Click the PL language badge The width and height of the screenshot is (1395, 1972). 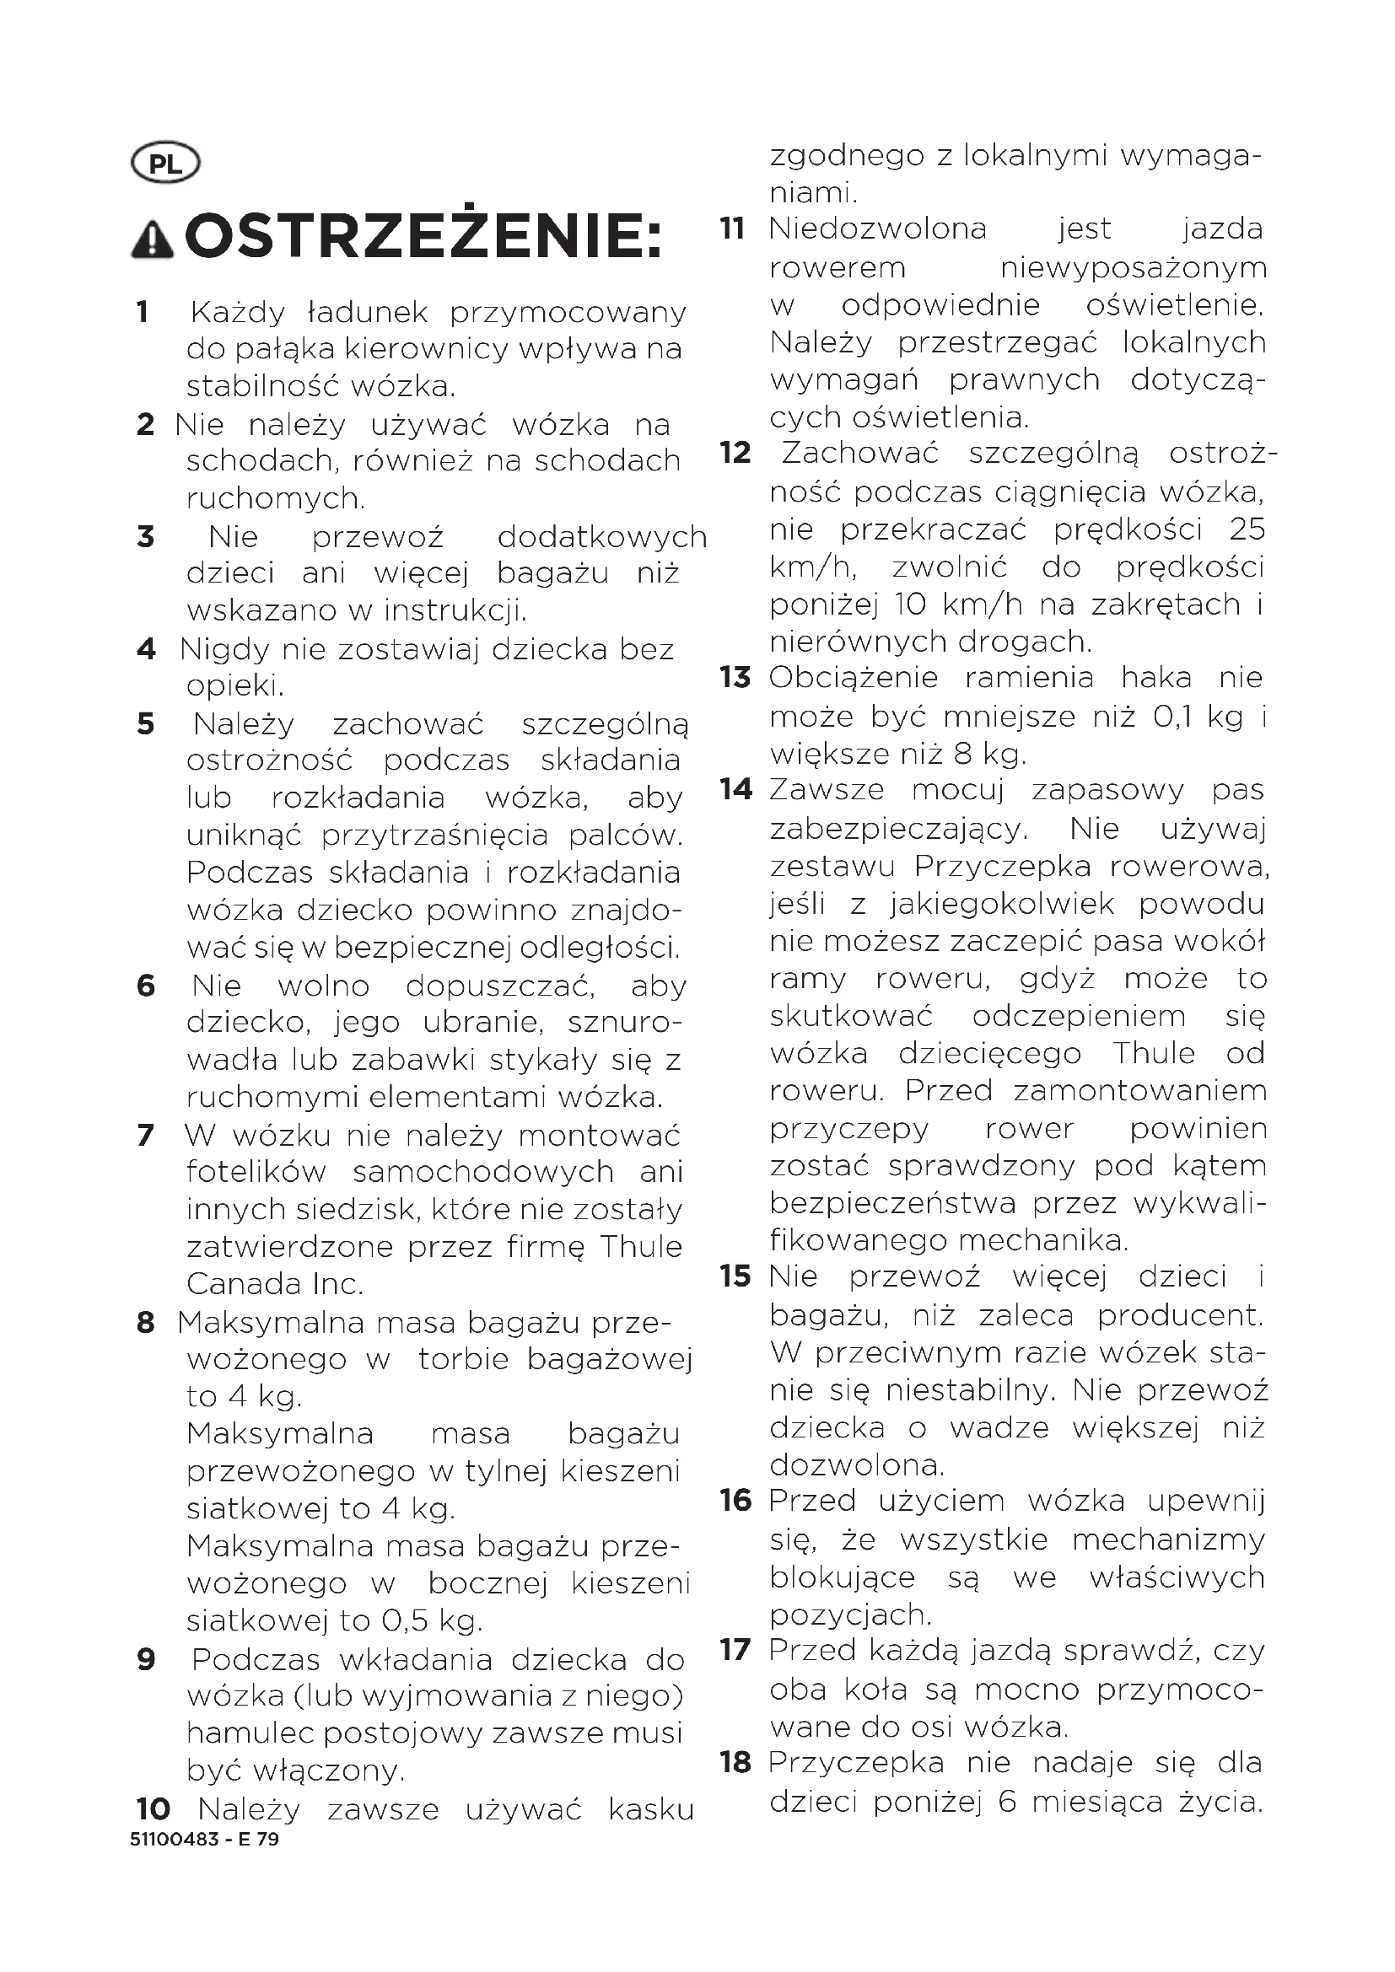click(x=165, y=164)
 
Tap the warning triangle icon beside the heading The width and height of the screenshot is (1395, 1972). click(x=152, y=239)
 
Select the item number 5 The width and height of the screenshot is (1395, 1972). click(x=146, y=724)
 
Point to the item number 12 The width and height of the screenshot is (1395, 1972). click(x=735, y=453)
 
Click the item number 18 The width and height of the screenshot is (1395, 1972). click(x=735, y=1763)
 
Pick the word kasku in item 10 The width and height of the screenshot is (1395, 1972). click(x=651, y=1808)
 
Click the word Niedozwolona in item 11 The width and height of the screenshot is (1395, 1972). click(x=878, y=229)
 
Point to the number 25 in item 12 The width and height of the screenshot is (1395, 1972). click(x=1247, y=529)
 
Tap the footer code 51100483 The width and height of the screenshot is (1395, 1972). click(x=175, y=1839)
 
